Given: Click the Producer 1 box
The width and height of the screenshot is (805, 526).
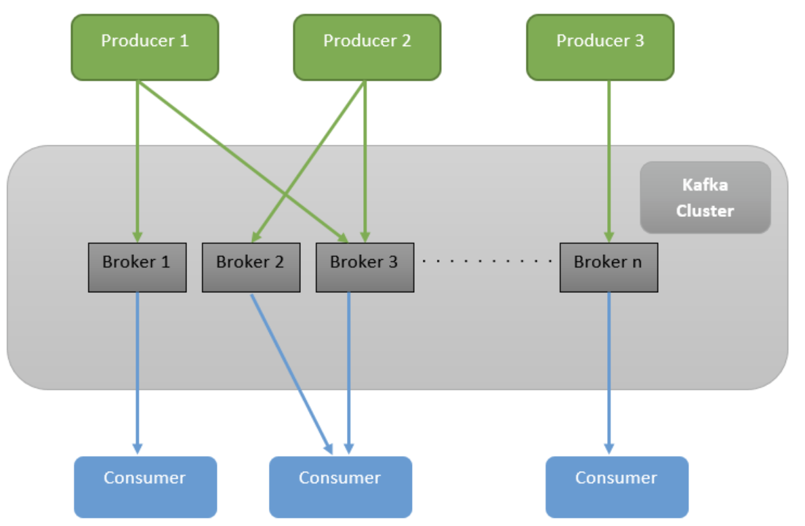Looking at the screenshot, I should [x=145, y=47].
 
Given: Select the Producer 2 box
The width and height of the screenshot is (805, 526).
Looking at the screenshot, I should [x=367, y=47].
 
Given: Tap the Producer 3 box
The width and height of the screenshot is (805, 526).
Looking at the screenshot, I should [x=600, y=47].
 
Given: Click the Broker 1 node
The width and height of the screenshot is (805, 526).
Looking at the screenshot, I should [x=137, y=268].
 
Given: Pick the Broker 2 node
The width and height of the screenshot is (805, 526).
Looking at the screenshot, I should [x=251, y=268].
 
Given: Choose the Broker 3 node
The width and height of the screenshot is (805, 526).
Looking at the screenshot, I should [x=365, y=268].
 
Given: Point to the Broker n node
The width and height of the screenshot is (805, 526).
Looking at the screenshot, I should [x=608, y=268].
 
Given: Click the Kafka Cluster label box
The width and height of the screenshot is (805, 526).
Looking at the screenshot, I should [x=705, y=197].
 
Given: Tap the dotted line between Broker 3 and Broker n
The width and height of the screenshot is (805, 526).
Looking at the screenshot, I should [x=488, y=261].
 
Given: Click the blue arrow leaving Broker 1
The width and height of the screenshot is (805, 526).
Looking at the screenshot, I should [x=138, y=373].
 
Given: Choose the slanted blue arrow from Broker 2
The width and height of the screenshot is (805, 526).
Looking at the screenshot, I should [x=291, y=373].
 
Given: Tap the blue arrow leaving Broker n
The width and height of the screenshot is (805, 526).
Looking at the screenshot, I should [x=608, y=373].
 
